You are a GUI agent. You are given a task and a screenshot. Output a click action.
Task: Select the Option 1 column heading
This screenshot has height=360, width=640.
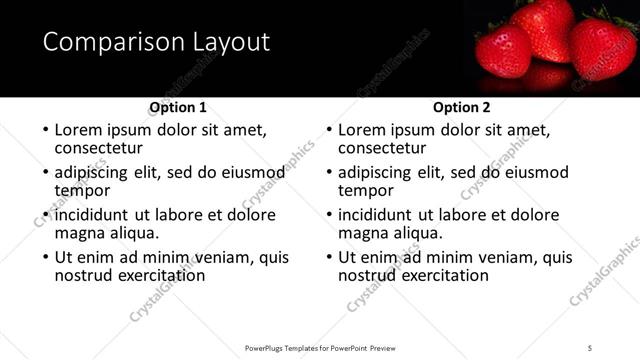[x=178, y=107]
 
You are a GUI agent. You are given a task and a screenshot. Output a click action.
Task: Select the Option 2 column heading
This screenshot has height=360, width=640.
[x=462, y=107]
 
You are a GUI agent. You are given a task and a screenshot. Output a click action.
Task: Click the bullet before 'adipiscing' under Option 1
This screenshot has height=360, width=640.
[x=44, y=173]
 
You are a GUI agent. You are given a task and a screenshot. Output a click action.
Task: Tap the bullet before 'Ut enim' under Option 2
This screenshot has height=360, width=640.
[x=328, y=258]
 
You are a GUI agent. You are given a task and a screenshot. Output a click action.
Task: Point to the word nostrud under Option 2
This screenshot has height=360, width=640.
[x=368, y=275]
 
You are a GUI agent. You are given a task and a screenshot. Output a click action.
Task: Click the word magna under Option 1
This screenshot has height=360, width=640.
[x=77, y=233]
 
